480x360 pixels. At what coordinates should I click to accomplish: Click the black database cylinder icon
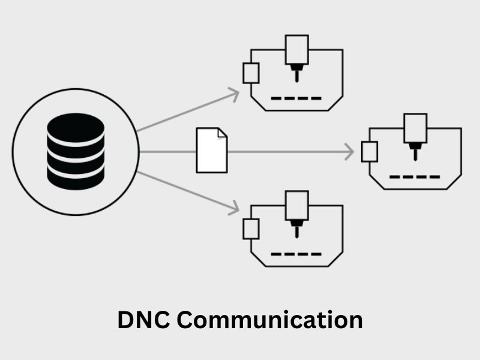(x=76, y=152)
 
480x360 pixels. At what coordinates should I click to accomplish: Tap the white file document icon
(x=212, y=151)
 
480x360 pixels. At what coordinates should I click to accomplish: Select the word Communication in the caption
(x=271, y=319)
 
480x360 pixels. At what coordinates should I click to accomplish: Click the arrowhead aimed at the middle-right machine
(x=349, y=152)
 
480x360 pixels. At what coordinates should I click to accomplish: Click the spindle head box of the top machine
(x=296, y=49)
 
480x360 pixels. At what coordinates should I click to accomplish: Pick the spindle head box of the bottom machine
(x=296, y=205)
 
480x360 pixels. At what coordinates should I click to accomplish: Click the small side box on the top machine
(x=251, y=73)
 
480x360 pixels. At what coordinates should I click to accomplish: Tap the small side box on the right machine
(x=370, y=152)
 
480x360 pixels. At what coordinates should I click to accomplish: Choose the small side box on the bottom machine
(x=251, y=229)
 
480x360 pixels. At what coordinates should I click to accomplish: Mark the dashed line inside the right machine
(x=415, y=177)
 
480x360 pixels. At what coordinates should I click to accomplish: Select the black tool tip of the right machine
(x=415, y=151)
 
